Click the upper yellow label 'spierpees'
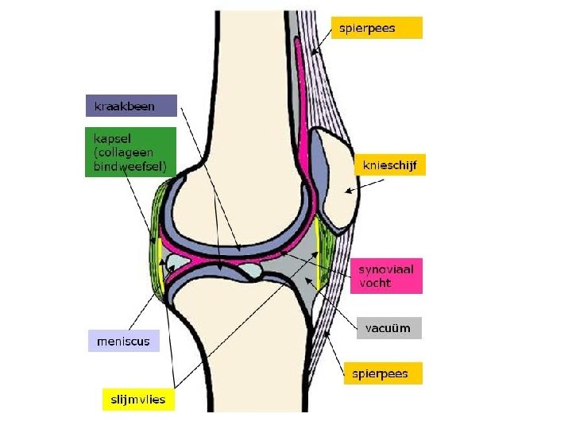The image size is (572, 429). point(377,28)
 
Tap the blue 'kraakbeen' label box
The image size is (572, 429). point(131,106)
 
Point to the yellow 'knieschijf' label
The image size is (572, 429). point(389,165)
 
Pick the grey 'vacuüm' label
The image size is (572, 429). point(388,328)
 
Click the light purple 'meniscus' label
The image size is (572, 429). point(122,342)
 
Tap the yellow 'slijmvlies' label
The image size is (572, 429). point(139,399)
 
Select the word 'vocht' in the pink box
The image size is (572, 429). point(375,284)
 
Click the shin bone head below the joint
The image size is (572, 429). point(238,318)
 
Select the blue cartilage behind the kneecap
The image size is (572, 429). point(316,167)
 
